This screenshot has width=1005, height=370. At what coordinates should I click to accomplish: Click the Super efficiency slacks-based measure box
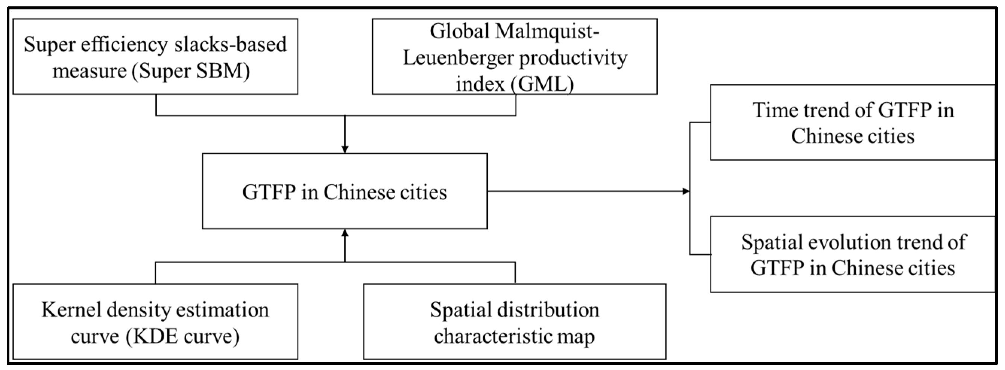coord(155,56)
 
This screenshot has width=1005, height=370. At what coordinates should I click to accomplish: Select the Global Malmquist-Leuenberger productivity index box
coord(515,56)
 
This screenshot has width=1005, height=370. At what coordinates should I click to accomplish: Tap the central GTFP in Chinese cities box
coord(345,191)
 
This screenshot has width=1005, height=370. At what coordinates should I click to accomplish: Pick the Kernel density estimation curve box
coord(155,321)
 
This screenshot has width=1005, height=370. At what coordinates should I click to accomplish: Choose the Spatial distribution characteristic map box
coord(515,321)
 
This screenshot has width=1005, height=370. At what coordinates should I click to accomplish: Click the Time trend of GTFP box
coord(852,123)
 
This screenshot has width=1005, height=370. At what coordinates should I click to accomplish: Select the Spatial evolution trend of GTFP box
coord(852,254)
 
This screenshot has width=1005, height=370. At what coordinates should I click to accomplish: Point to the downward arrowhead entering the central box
coord(345,149)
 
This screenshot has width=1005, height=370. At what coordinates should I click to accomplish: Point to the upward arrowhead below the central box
coord(345,233)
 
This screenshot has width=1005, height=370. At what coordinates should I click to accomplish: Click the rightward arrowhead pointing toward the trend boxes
coord(685,191)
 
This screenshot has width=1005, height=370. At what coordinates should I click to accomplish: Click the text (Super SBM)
coord(191,71)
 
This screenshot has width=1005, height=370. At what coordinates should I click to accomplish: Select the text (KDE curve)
coord(182,336)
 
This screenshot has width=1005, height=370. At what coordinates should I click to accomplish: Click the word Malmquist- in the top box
coord(547,31)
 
